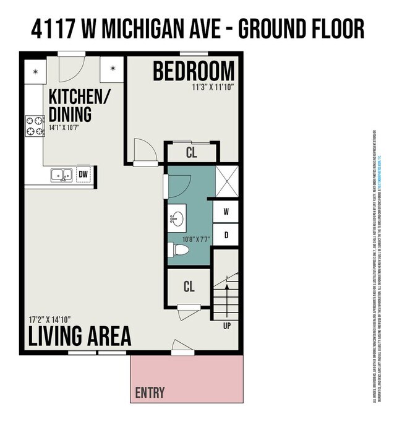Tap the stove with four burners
(x=35, y=126)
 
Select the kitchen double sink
(x=61, y=175)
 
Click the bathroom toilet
(x=179, y=250)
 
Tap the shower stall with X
(x=227, y=181)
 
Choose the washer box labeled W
(x=226, y=212)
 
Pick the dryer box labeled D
(x=226, y=235)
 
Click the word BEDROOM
(x=194, y=71)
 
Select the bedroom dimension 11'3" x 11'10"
(x=213, y=87)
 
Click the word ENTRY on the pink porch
(x=150, y=392)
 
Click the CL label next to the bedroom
(x=191, y=152)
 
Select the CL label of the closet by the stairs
(x=189, y=287)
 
